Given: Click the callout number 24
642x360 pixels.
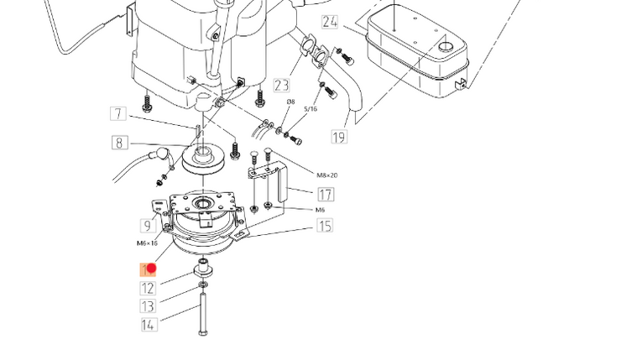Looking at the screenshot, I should point(330,22).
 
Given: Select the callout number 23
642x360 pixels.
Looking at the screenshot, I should point(281,85).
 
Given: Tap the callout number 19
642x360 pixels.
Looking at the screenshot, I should point(339,137).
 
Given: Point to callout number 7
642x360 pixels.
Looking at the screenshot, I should point(118,114).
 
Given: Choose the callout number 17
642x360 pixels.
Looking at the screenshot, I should point(325,194).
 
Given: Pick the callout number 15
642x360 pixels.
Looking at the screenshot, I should point(325,225).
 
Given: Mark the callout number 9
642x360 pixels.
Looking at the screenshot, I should point(148,225).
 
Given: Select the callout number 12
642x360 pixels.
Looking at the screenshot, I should point(148,288).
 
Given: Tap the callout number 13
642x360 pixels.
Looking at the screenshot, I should point(148,306).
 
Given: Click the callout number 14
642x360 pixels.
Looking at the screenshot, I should point(148,325).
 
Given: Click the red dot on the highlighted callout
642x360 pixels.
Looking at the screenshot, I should point(152,269).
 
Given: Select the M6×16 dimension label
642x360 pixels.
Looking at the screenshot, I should point(147,243).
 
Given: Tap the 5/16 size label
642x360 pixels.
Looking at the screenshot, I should point(311,109).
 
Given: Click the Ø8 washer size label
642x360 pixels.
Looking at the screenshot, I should point(291,102).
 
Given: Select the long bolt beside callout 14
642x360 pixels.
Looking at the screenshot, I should point(202,315).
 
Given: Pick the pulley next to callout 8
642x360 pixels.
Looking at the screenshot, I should point(202,159).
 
